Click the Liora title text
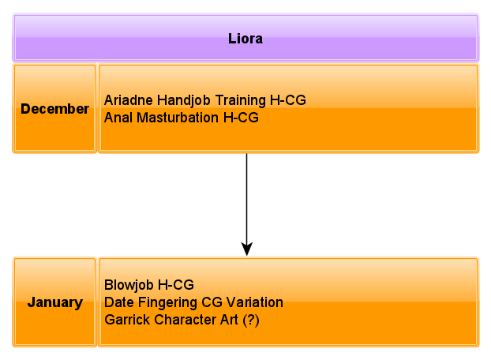(x=245, y=39)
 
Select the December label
(x=54, y=109)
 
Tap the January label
(x=55, y=302)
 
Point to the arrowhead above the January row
(x=247, y=249)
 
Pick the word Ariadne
(x=129, y=100)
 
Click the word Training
(x=241, y=100)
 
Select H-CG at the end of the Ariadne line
(x=288, y=100)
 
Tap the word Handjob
(x=184, y=100)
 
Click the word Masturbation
(x=178, y=118)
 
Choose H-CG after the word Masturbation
(x=241, y=118)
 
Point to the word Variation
(x=255, y=302)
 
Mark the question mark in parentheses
(x=251, y=320)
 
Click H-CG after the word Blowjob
(x=176, y=285)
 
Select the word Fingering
(x=167, y=302)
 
